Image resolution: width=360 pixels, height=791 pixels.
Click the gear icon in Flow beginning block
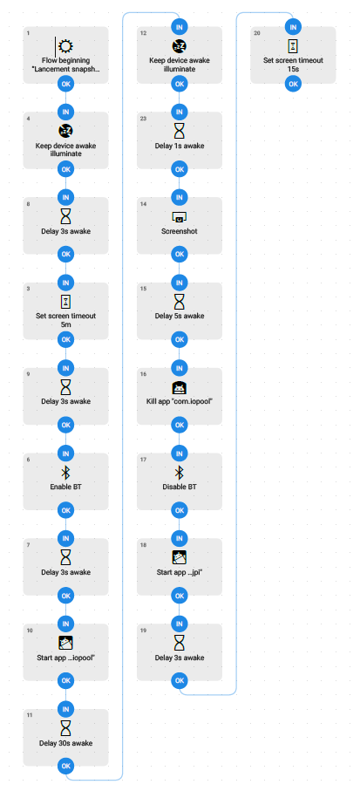(x=65, y=46)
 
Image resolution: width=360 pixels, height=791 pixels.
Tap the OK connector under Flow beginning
(x=65, y=84)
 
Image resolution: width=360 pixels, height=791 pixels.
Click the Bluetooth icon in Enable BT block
(x=65, y=473)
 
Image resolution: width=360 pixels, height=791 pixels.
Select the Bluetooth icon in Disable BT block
(x=179, y=473)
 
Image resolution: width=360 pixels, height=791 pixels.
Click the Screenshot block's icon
(x=179, y=217)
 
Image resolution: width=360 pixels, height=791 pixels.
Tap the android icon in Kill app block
(x=179, y=387)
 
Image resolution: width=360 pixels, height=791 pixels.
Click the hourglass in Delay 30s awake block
(x=65, y=728)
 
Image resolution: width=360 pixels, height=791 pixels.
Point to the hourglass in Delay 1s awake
(x=179, y=131)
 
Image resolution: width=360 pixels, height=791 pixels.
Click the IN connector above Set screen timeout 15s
(x=293, y=26)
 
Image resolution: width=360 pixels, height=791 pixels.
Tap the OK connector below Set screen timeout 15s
(x=293, y=84)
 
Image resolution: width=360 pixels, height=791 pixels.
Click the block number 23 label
(x=144, y=119)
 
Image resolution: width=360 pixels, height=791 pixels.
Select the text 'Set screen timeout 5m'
(x=65, y=321)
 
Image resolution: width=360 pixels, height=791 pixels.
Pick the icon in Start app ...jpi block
(x=179, y=557)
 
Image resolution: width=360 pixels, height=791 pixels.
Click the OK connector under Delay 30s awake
(x=65, y=767)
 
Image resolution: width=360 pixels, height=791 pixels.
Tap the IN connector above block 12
(x=179, y=26)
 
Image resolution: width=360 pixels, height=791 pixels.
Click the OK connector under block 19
(x=179, y=681)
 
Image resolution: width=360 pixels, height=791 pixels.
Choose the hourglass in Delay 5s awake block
(x=179, y=302)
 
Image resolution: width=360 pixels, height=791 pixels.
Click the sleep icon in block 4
(x=65, y=131)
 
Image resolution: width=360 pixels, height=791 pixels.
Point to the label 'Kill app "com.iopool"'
(x=179, y=402)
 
